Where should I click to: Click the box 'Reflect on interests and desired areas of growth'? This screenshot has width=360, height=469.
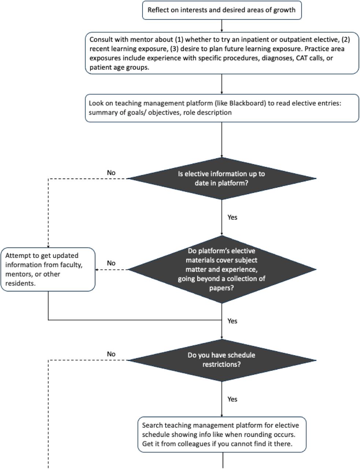point(222,10)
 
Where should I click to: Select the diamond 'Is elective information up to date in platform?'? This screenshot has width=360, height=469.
point(222,178)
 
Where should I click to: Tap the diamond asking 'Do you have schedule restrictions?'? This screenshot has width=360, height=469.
point(222,360)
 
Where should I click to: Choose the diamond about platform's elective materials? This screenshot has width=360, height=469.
point(222,269)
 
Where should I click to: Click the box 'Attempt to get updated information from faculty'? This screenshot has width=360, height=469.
point(48,269)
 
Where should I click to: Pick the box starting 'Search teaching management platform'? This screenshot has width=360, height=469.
point(222,435)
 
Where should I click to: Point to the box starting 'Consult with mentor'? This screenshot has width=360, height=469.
point(222,53)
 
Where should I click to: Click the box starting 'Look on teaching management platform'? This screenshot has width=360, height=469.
point(222,108)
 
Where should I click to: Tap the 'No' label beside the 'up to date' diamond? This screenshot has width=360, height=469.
point(111,173)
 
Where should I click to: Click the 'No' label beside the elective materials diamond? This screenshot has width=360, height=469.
point(111,263)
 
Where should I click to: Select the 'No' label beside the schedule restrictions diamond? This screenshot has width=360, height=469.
point(111,354)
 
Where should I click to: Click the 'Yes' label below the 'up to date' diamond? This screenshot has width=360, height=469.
point(232,217)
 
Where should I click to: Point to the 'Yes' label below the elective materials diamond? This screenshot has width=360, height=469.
point(232,321)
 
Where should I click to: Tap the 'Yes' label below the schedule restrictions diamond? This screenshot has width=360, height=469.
point(232,399)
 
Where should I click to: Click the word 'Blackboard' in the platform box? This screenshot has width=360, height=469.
point(247,103)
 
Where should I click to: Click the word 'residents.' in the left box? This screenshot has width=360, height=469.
point(21,283)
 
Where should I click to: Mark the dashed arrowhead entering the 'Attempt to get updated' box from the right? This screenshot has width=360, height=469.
point(97,270)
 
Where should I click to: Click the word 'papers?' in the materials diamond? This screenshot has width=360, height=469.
point(222,288)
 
